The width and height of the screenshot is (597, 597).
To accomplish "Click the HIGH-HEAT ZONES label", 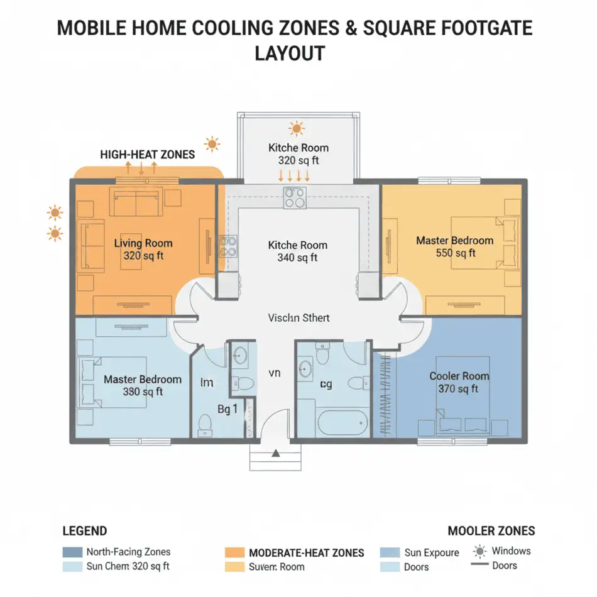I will pyautogui.click(x=147, y=154).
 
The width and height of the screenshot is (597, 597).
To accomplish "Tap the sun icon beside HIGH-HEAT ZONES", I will pyautogui.click(x=212, y=145).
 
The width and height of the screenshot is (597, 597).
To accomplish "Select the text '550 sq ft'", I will pyautogui.click(x=456, y=253).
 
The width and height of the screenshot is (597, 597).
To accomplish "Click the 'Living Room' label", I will pyautogui.click(x=143, y=243).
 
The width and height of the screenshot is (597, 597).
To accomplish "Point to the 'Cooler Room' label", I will pyautogui.click(x=459, y=376).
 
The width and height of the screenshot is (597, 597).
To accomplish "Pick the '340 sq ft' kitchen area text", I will pyautogui.click(x=297, y=258).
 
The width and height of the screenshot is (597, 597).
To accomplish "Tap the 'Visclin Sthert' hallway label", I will pyautogui.click(x=298, y=317).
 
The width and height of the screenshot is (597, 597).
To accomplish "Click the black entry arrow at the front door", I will pyautogui.click(x=275, y=452).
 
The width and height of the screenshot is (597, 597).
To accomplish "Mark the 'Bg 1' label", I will pyautogui.click(x=227, y=409).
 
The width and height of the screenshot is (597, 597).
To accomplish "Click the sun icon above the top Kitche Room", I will pyautogui.click(x=296, y=129).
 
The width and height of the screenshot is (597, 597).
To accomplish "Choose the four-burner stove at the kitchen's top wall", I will pyautogui.click(x=294, y=198).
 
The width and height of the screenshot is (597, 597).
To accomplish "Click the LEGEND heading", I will pyautogui.click(x=85, y=531).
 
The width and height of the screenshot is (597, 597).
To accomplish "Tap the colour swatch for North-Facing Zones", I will pyautogui.click(x=72, y=552).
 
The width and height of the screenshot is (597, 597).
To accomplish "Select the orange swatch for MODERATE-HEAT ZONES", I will pyautogui.click(x=234, y=552).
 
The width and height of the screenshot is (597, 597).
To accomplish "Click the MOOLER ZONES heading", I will pyautogui.click(x=491, y=531).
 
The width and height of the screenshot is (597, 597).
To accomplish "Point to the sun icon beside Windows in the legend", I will pyautogui.click(x=480, y=552).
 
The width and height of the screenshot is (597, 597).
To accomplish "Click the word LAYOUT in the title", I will pyautogui.click(x=290, y=53).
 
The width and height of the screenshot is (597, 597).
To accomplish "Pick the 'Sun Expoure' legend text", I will pyautogui.click(x=431, y=553).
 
